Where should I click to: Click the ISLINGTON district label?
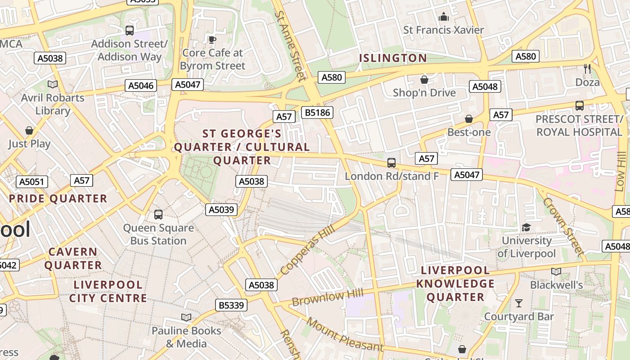[x=393, y=58]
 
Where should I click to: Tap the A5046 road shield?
[x=141, y=85]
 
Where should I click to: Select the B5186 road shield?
[x=318, y=112]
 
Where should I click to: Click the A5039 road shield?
[x=221, y=209]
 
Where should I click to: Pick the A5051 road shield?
[x=31, y=182]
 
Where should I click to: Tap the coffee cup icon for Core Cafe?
[x=212, y=40]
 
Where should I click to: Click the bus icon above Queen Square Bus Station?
[x=158, y=214]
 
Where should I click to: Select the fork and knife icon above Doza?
[x=587, y=68]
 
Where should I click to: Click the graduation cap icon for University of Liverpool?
[x=526, y=227]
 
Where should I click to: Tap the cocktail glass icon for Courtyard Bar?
[x=519, y=303]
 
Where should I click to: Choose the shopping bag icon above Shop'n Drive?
[x=424, y=80]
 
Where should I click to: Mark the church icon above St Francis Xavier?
[x=444, y=17]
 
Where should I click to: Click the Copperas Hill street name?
[x=307, y=251]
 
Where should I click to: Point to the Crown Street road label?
[x=562, y=226]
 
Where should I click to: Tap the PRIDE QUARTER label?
[x=58, y=198]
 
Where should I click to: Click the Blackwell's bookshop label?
[x=556, y=285]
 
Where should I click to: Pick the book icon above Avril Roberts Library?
[x=53, y=84]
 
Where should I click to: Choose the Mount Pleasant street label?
[x=345, y=336]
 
